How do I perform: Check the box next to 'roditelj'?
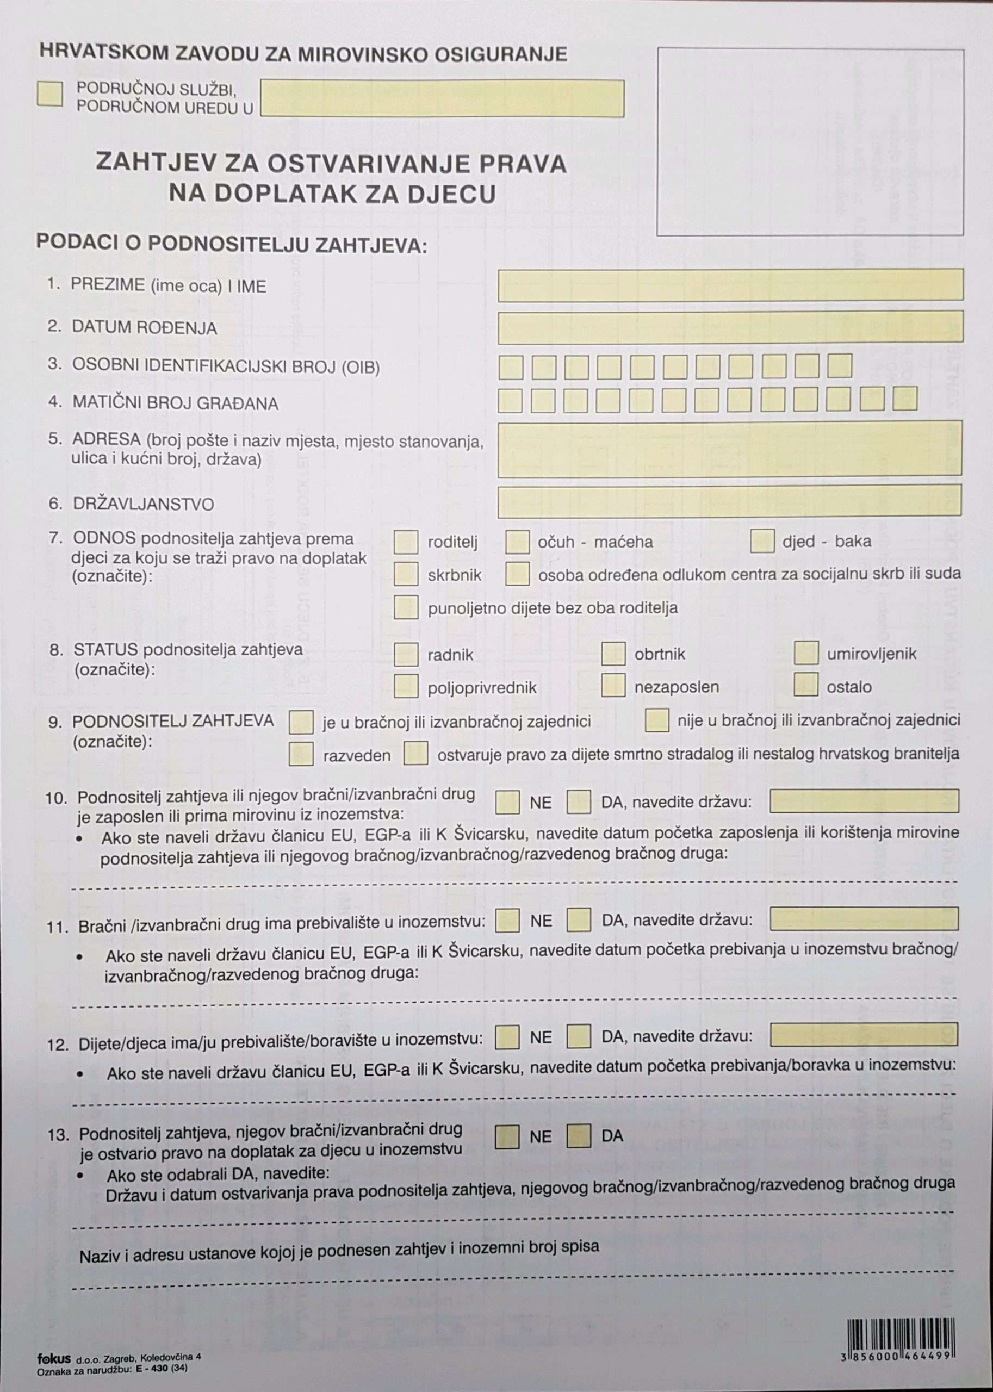pyautogui.click(x=406, y=542)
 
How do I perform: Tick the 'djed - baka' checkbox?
pyautogui.click(x=762, y=541)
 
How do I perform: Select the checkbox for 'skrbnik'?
pyautogui.click(x=406, y=574)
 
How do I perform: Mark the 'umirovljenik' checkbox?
pyautogui.click(x=806, y=653)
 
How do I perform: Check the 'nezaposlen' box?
pyautogui.click(x=613, y=685)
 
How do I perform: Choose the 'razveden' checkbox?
pyautogui.click(x=301, y=754)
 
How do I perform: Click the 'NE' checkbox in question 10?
pyautogui.click(x=507, y=802)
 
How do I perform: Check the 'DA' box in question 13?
pyautogui.click(x=579, y=1136)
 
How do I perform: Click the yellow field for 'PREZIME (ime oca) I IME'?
pyautogui.click(x=730, y=285)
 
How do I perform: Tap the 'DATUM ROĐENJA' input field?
pyautogui.click(x=730, y=326)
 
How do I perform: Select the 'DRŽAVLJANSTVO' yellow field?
pyautogui.click(x=729, y=501)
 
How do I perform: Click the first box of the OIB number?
pyautogui.click(x=511, y=367)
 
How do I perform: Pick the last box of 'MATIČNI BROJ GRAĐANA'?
pyautogui.click(x=904, y=399)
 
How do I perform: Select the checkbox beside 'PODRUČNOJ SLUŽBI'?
pyautogui.click(x=49, y=94)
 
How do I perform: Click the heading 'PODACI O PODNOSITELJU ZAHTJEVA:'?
pyautogui.click(x=232, y=243)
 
